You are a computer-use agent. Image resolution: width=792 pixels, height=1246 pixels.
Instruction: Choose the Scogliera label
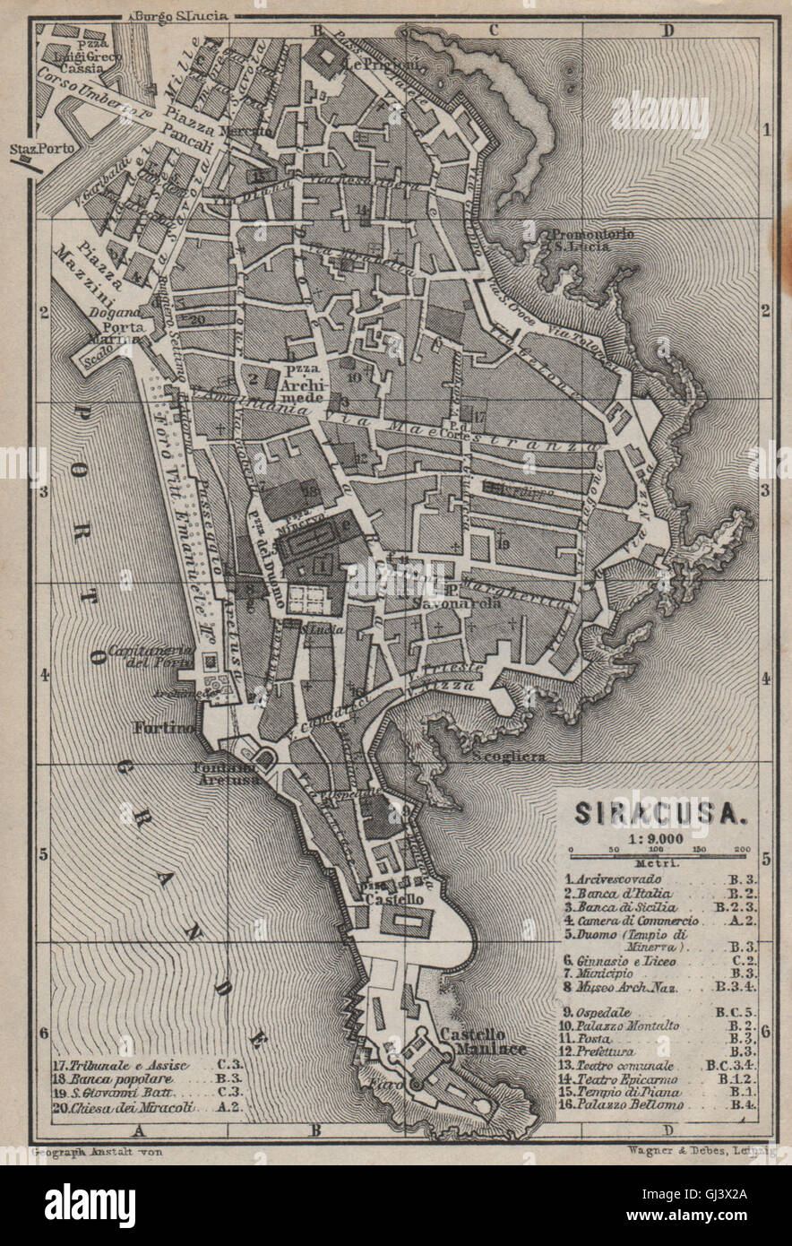(x=508, y=757)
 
